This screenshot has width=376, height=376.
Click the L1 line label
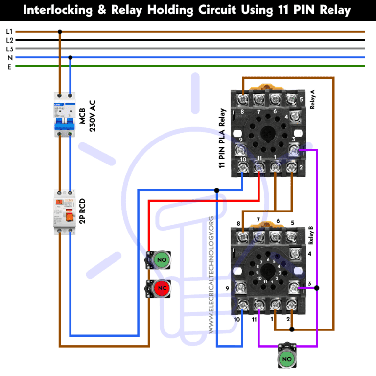click(9, 32)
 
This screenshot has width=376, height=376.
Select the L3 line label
click(9, 49)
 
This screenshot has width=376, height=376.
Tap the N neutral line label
click(9, 57)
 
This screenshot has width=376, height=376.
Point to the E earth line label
click(9, 66)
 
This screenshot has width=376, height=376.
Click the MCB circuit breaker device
click(65, 115)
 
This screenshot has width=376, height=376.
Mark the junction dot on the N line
click(70, 57)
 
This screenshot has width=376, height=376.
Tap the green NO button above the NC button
click(160, 259)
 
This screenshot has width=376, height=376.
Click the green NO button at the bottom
click(286, 359)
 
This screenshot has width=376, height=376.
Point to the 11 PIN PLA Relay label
click(222, 138)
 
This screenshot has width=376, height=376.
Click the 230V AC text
click(92, 116)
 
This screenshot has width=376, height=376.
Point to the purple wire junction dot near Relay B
click(317, 288)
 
